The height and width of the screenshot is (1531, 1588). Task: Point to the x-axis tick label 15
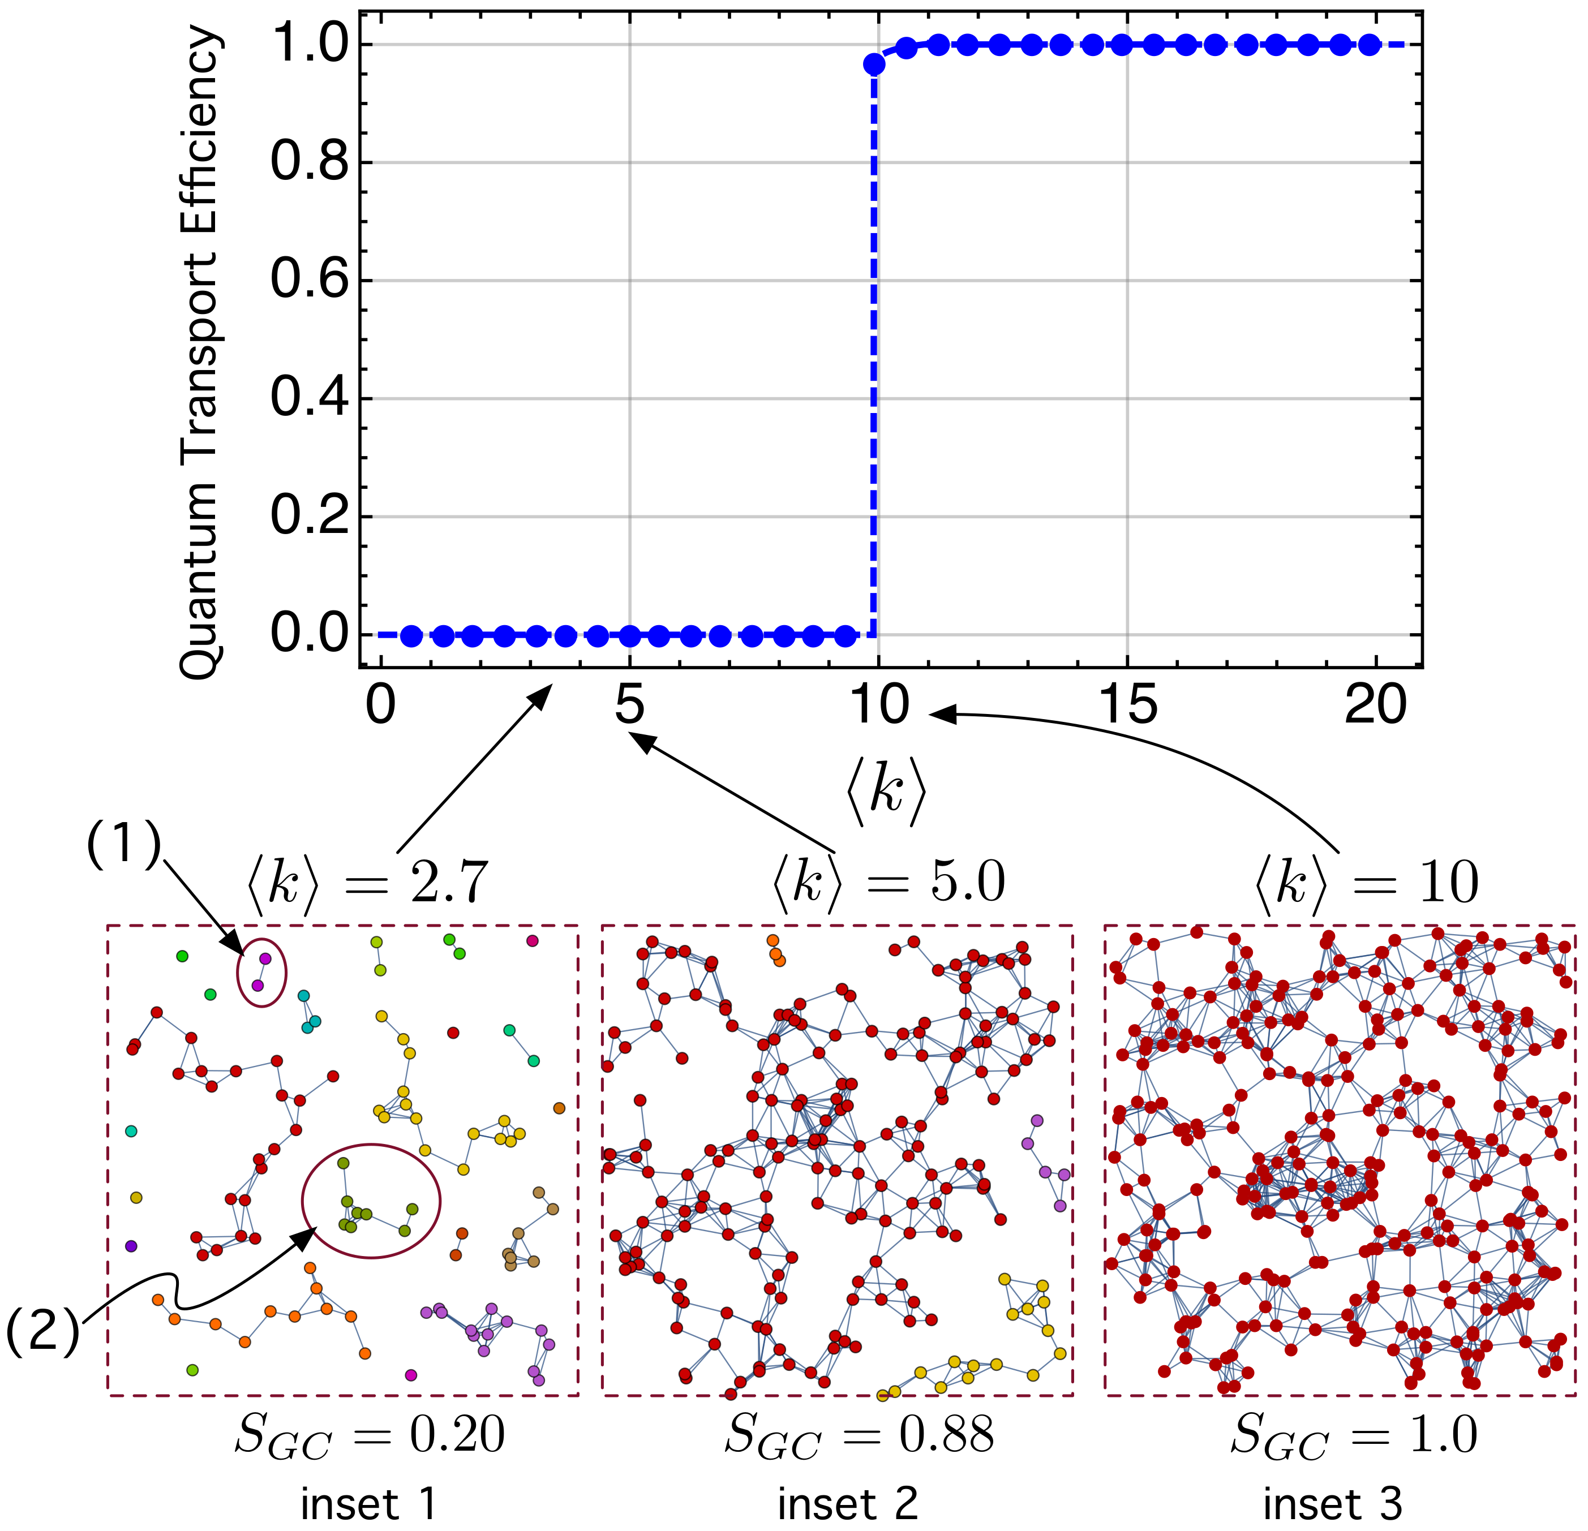pos(1128,706)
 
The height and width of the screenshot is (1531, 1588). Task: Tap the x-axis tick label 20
pos(1376,706)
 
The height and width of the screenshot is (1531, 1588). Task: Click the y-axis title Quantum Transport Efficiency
pos(199,352)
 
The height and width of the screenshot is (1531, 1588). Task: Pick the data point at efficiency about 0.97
pos(873,65)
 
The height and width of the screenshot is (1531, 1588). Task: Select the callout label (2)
pos(42,1331)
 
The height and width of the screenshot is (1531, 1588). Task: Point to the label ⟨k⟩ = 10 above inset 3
pos(1367,882)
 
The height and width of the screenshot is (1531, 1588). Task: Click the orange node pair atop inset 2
pos(775,949)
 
